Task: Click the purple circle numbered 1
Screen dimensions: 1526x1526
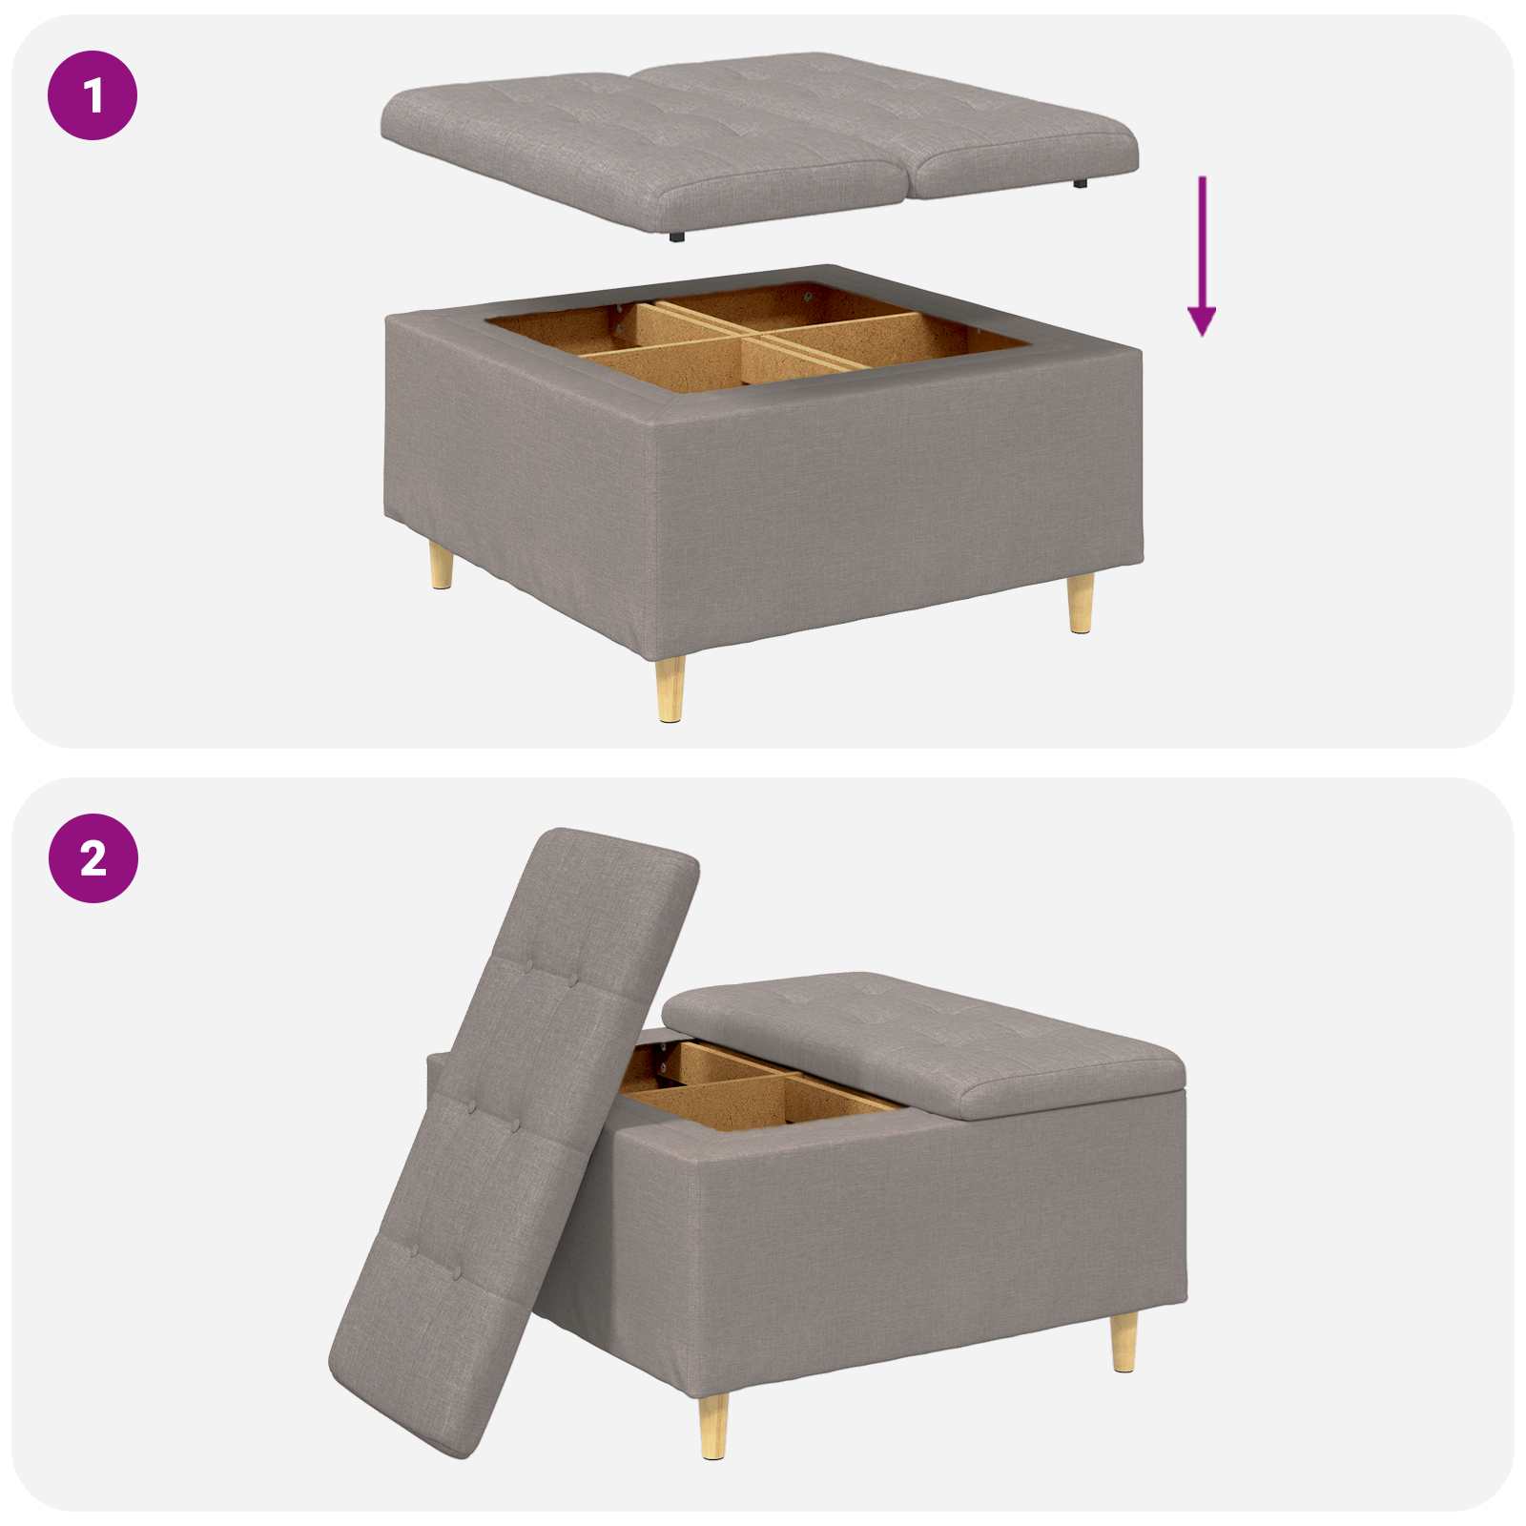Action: pyautogui.click(x=93, y=95)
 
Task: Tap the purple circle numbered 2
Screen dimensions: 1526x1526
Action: pyautogui.click(x=93, y=858)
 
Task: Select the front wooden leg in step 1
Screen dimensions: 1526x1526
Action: pyautogui.click(x=669, y=689)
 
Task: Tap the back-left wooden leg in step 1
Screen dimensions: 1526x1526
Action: pyautogui.click(x=441, y=566)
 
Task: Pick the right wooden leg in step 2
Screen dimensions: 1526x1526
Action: pyautogui.click(x=1124, y=1340)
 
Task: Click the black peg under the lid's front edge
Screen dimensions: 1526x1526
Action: pyautogui.click(x=676, y=236)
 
